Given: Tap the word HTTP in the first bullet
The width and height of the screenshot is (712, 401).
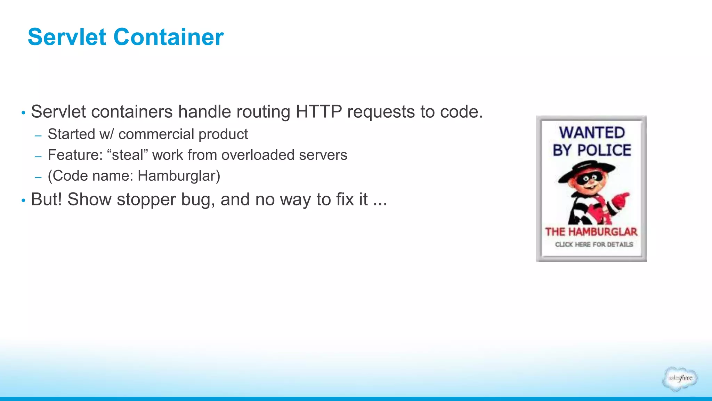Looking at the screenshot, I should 318,112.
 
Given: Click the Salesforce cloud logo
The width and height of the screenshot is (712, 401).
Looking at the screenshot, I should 680,379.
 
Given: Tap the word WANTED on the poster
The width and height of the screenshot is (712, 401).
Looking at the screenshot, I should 592,133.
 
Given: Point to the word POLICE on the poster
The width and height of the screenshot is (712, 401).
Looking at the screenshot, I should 604,150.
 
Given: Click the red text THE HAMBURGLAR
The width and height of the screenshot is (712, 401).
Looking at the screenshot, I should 591,232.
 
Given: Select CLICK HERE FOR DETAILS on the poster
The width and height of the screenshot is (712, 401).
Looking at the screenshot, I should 594,244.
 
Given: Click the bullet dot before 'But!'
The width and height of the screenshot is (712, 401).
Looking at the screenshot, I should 23,200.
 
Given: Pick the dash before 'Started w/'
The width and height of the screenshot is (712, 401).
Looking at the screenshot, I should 38,136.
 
